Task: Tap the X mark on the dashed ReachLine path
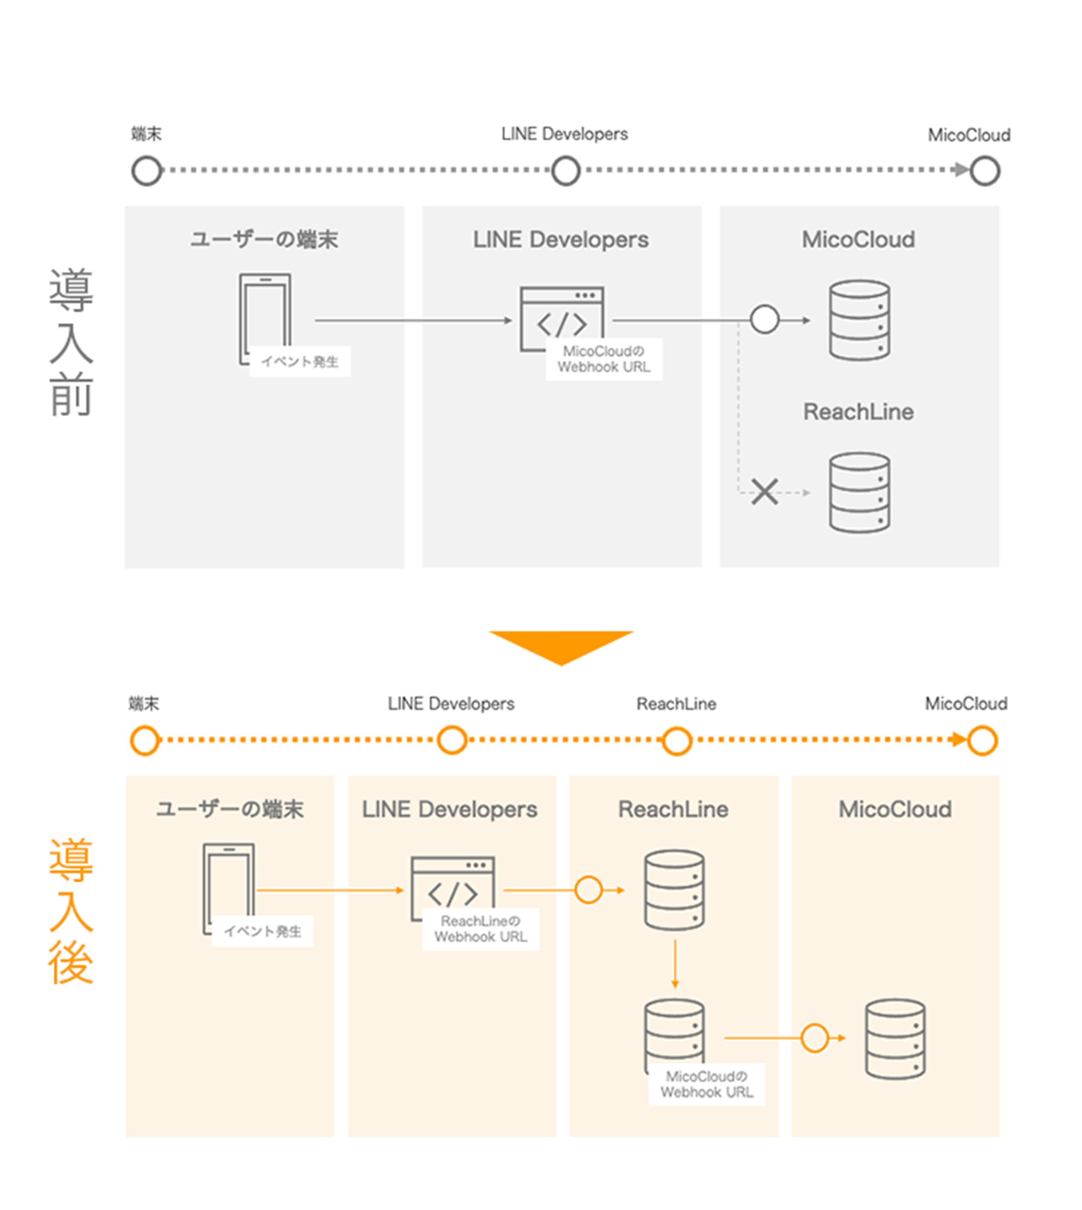[x=765, y=492]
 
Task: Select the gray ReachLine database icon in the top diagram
[x=860, y=493]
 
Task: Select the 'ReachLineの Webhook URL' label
[x=480, y=929]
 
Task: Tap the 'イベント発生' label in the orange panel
[x=263, y=931]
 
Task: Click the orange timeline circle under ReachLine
[x=677, y=740]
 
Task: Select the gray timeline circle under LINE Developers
[x=566, y=171]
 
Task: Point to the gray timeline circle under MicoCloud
[x=984, y=171]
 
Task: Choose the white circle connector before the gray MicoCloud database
[x=765, y=320]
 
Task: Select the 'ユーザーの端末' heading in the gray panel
[x=264, y=239]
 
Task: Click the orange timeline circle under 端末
[x=145, y=740]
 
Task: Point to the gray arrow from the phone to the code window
[x=413, y=320]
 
